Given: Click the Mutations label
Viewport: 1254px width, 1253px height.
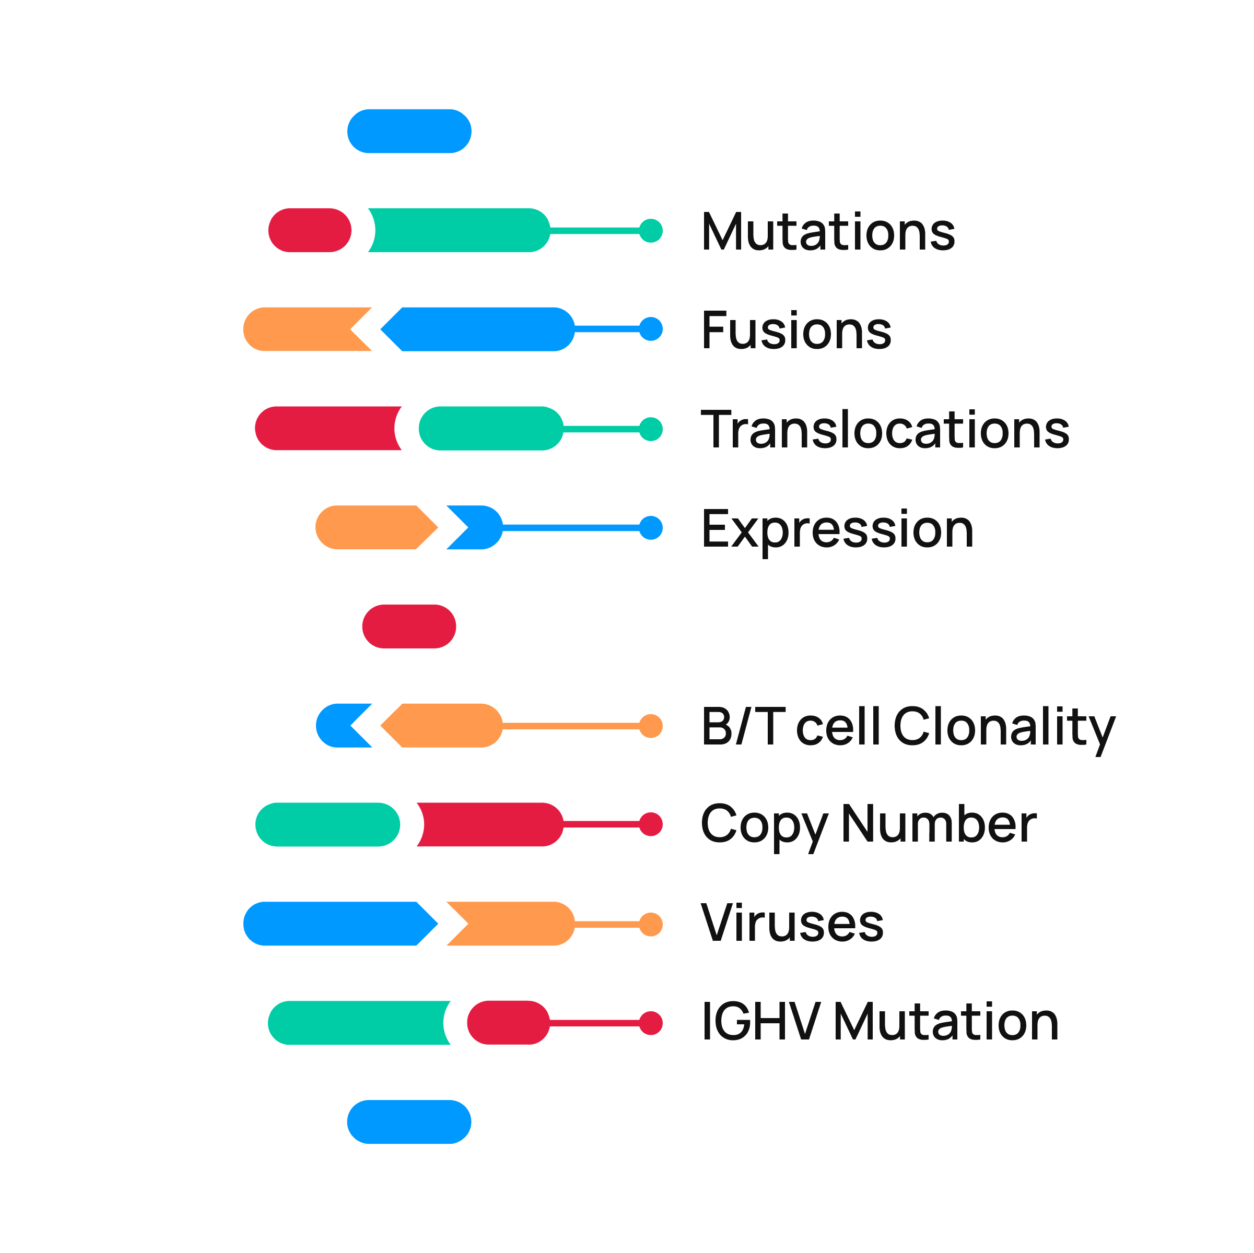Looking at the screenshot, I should (828, 232).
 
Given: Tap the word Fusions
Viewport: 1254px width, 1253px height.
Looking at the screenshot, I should (796, 330).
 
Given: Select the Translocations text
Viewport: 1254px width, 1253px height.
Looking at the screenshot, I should (885, 430).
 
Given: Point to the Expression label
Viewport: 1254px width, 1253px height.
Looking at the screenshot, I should (837, 529).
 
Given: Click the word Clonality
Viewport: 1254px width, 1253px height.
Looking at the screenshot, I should (1003, 727).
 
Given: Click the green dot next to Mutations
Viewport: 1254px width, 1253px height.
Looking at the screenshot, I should (650, 230).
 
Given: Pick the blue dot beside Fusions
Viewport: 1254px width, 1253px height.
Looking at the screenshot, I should (650, 329).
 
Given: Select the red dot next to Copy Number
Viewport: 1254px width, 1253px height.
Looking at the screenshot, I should (650, 824).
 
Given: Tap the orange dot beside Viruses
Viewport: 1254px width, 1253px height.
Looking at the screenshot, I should (650, 924).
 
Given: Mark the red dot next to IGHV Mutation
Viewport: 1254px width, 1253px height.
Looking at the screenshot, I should (650, 1023).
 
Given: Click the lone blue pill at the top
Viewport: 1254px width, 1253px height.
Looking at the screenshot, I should (409, 131).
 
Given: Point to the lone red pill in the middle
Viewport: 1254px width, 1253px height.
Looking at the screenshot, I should (409, 626).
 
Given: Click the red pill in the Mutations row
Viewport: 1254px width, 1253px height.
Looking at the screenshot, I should (310, 230).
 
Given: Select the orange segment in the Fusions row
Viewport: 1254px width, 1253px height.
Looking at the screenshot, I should (302, 329).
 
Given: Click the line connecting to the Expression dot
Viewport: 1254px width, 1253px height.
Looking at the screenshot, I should (571, 527).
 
